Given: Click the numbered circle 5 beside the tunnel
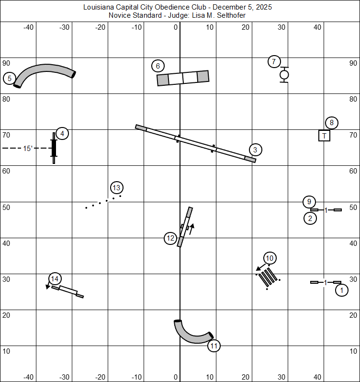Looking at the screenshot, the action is click(x=9, y=79).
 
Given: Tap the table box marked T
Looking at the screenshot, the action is click(x=324, y=136).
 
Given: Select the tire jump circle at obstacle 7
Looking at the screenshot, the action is click(x=284, y=75).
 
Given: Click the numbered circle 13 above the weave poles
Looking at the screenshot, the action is click(x=117, y=188).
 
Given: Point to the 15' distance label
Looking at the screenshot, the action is click(x=28, y=149).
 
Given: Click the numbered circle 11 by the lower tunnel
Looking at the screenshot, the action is click(x=214, y=346).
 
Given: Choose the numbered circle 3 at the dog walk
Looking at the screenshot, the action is click(x=255, y=150).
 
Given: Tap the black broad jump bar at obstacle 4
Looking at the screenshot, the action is click(x=54, y=148).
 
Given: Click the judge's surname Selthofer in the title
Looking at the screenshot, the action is click(x=231, y=15).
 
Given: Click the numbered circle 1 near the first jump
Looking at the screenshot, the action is click(x=342, y=290).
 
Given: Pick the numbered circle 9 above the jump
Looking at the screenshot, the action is click(x=309, y=202).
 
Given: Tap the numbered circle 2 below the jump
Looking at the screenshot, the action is click(x=310, y=218).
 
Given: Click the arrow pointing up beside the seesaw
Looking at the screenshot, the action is click(x=192, y=229).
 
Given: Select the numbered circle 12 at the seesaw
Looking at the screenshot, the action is click(x=170, y=238).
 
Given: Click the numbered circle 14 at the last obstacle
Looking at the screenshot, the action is click(x=55, y=278).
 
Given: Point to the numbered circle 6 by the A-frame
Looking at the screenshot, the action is click(x=157, y=66).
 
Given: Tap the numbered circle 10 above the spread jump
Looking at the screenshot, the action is click(x=270, y=258).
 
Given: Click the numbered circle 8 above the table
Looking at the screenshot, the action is click(x=332, y=123).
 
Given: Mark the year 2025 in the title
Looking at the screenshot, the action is click(x=264, y=7).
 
